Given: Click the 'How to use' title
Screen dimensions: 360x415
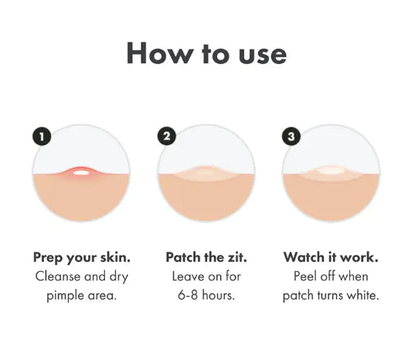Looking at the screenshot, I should pos(206,53).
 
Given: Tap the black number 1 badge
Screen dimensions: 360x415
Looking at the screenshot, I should pos(43,137).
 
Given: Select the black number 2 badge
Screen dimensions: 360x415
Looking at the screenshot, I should pos(166,137).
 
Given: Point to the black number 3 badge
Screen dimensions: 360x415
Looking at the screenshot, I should pos(291,137).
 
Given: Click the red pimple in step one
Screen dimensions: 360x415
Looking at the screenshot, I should pos(80,172).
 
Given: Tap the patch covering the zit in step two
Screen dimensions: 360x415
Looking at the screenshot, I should pos(206,173).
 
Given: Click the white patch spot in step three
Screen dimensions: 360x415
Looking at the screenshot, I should pos(331,171).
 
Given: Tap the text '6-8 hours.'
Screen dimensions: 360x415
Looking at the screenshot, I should pos(206,295).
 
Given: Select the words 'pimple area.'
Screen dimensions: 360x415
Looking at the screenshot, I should pos(80,295).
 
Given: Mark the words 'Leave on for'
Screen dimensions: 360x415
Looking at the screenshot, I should pos(206,276).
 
